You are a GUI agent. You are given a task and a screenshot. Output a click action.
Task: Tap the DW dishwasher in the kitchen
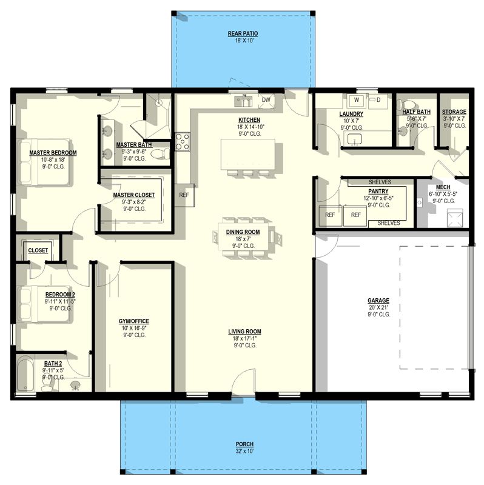click(266, 100)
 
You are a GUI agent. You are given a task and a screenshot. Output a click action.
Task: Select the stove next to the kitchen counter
click(182, 141)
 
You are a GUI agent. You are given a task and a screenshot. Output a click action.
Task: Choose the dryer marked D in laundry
click(378, 99)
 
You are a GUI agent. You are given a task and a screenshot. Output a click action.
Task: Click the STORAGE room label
click(454, 112)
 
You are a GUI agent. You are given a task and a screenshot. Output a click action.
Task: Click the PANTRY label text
click(378, 191)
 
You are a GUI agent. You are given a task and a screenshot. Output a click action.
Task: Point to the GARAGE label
click(378, 301)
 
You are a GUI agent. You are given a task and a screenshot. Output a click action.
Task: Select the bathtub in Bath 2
click(25, 373)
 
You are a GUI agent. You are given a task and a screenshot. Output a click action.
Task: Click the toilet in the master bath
click(160, 153)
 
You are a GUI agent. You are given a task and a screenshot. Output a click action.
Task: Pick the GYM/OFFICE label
click(135, 321)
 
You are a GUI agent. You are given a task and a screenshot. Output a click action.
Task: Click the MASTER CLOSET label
click(133, 195)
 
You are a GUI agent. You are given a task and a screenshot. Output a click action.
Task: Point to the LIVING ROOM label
click(244, 332)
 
